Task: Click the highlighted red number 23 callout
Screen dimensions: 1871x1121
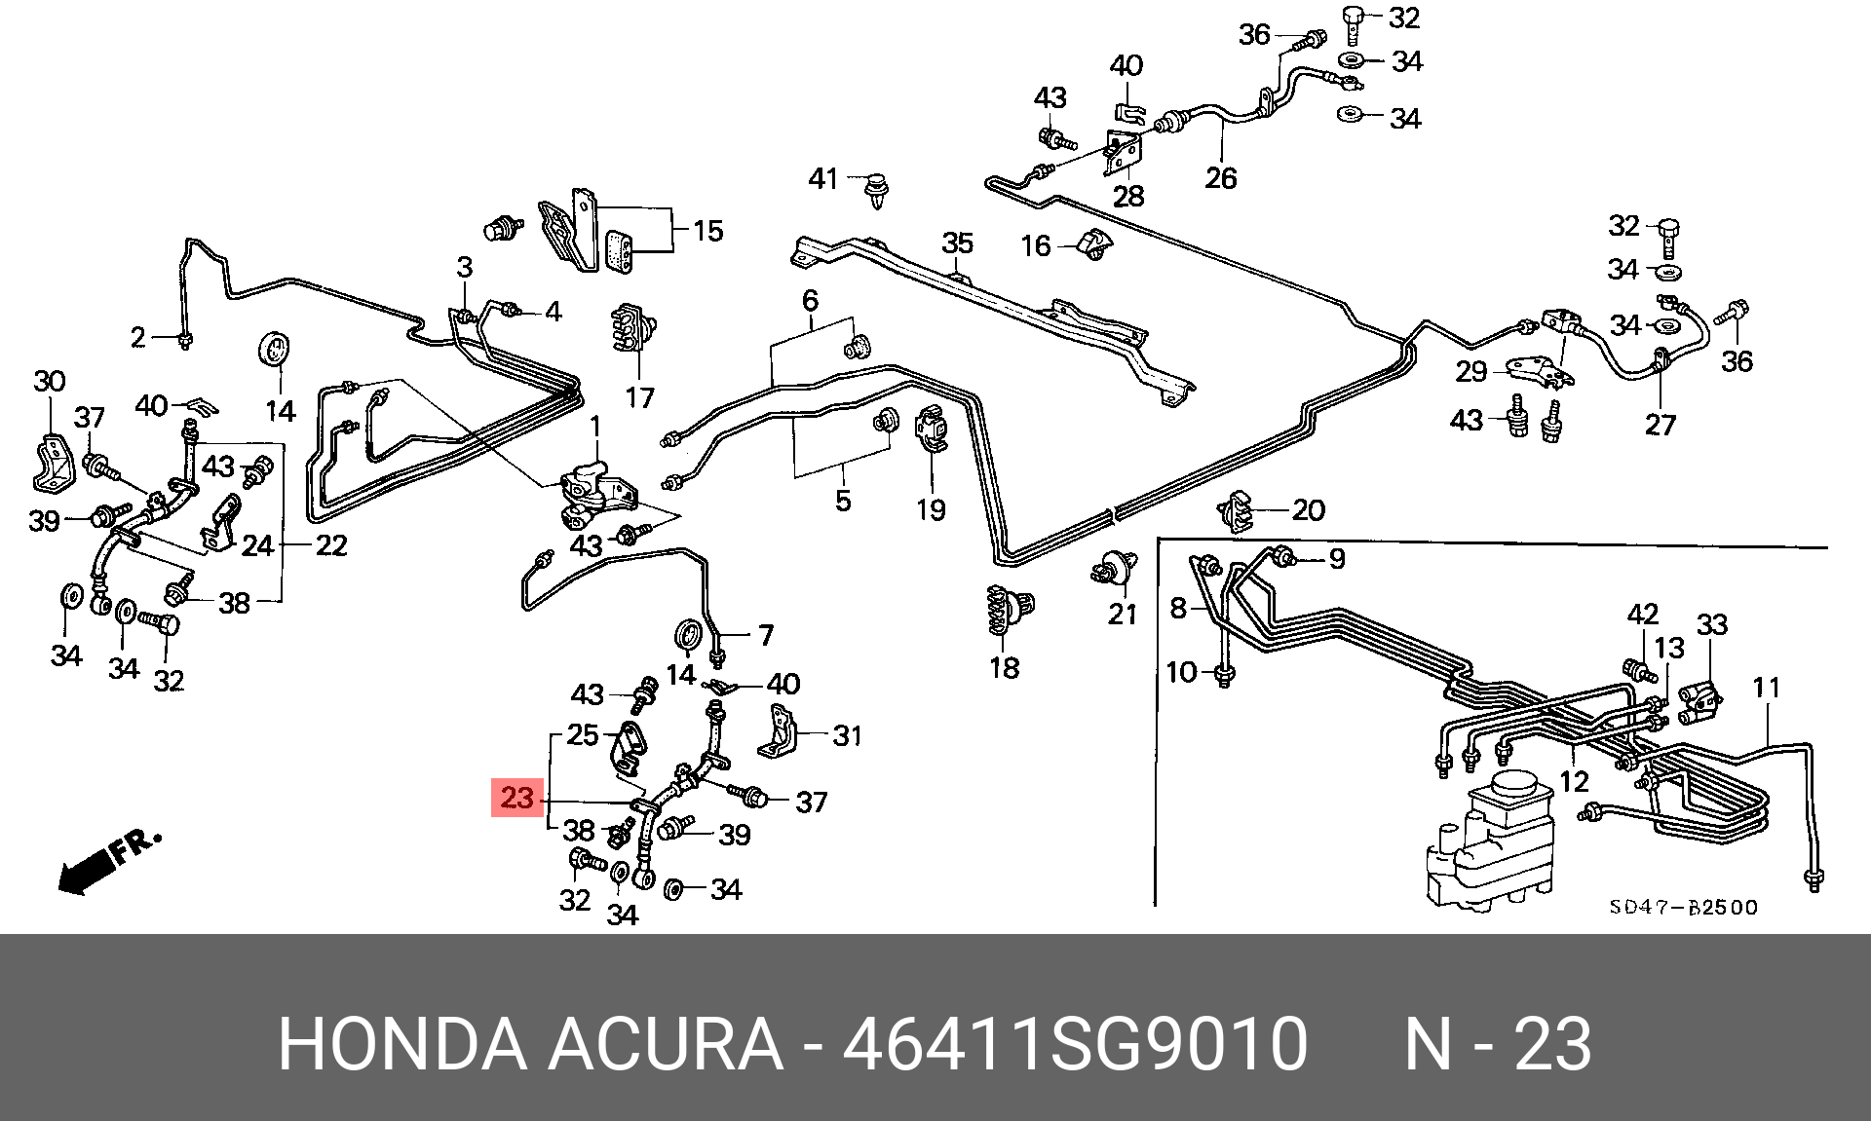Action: (516, 799)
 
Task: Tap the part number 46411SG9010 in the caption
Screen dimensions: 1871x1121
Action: (1074, 1044)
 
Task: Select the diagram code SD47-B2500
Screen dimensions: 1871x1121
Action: (1683, 908)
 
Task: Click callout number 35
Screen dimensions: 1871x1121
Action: (957, 243)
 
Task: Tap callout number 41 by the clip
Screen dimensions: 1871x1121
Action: (823, 179)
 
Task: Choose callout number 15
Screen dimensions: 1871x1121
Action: (707, 231)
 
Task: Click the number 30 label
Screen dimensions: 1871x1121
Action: (49, 381)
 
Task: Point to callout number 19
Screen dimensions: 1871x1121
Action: (931, 509)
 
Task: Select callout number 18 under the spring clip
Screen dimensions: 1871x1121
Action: (1004, 668)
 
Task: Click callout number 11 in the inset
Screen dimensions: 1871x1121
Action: (1766, 688)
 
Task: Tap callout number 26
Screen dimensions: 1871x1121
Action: (1220, 178)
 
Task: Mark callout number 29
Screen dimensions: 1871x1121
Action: (1470, 371)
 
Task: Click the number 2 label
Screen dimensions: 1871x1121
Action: (138, 337)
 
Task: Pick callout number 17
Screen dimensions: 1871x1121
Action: (639, 397)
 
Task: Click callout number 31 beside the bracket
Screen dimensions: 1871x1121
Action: (847, 735)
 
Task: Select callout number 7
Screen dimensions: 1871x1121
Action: (766, 636)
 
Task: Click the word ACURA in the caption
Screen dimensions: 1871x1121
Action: (666, 1044)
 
